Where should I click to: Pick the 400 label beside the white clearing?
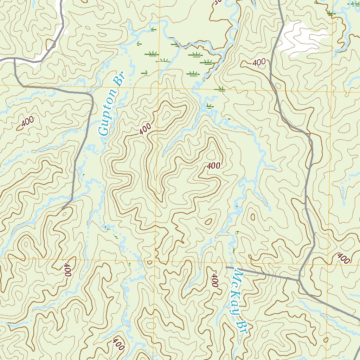click(x=259, y=62)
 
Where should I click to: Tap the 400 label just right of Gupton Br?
click(x=145, y=129)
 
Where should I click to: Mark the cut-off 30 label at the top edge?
click(x=216, y=3)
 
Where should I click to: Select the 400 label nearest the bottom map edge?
click(x=118, y=345)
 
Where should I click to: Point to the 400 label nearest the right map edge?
click(x=343, y=258)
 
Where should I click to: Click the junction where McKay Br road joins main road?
click(x=299, y=280)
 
